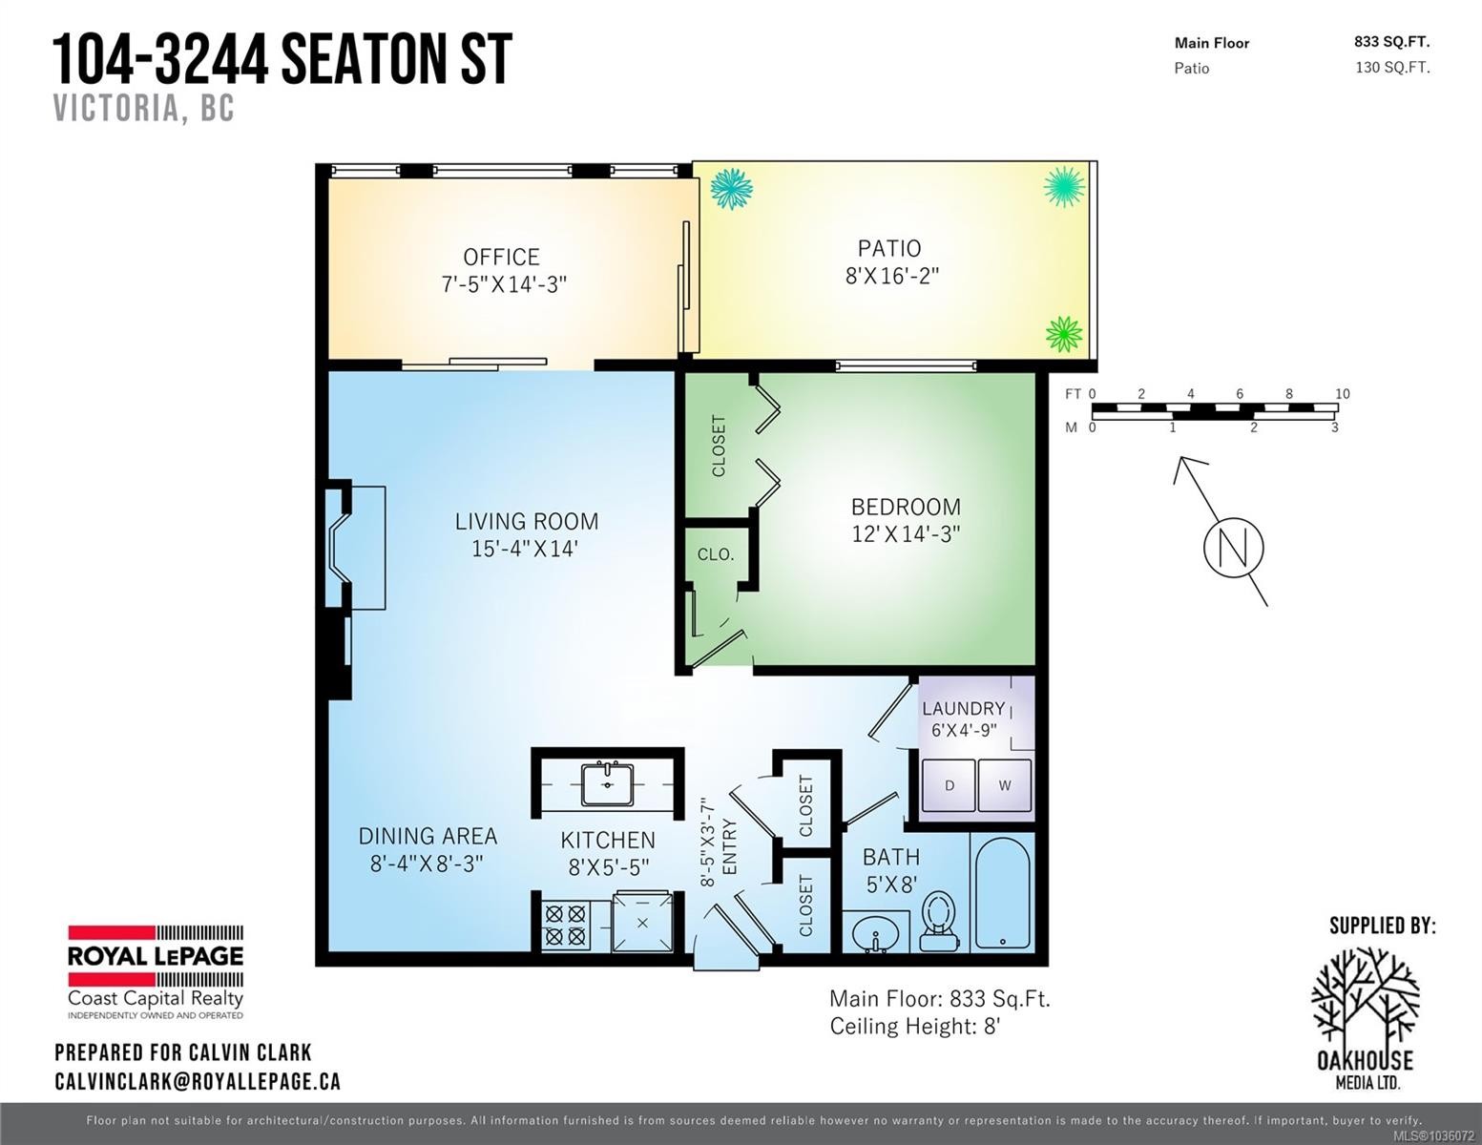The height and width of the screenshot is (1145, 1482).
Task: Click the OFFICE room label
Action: [x=501, y=257]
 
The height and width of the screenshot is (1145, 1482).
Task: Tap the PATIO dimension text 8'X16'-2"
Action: [x=892, y=276]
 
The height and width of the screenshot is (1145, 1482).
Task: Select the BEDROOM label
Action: [x=906, y=507]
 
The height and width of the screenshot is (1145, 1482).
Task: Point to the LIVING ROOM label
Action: [x=527, y=522]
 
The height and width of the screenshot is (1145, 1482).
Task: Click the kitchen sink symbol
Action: [x=608, y=784]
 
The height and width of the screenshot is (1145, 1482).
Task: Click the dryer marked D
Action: [x=949, y=785]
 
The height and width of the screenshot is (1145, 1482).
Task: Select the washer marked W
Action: [x=1005, y=785]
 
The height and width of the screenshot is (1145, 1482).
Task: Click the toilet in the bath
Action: [x=939, y=921]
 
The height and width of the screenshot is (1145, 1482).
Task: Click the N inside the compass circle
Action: [x=1234, y=548]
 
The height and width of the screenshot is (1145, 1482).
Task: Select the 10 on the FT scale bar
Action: [x=1342, y=393]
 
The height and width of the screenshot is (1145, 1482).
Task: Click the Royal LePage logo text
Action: [x=156, y=957]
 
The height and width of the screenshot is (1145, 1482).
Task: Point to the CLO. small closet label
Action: [x=716, y=555]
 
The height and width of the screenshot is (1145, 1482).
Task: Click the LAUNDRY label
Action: [x=963, y=709]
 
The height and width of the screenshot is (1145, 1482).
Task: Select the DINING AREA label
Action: [x=428, y=836]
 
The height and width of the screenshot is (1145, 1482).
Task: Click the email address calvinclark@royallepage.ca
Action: [x=198, y=1082]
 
